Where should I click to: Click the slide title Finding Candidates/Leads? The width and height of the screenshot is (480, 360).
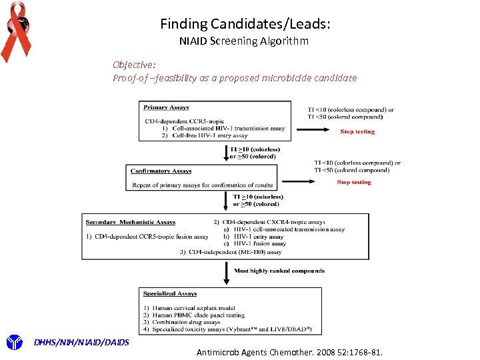[x=245, y=24]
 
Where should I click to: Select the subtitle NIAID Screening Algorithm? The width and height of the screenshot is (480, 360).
[x=244, y=41]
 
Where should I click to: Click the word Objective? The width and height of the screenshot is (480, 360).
[x=134, y=65]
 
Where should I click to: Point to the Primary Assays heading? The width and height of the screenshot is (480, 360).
[x=166, y=107]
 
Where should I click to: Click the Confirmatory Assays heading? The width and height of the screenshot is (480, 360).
[x=161, y=171]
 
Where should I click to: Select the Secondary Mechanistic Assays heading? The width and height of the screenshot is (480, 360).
[x=131, y=221]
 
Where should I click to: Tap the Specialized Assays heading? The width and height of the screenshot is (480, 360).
[x=170, y=293]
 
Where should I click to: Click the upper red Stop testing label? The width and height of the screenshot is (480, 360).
[x=357, y=132]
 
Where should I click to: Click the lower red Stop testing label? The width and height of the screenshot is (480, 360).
[x=354, y=182]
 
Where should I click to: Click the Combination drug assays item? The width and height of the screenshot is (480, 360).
[x=185, y=322]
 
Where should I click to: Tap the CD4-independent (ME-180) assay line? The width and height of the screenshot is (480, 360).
[x=231, y=252]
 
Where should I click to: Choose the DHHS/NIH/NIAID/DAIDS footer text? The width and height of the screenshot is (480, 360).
[x=81, y=343]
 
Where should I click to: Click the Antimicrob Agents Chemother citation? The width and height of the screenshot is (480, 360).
[x=290, y=351]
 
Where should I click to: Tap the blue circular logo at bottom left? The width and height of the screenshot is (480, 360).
[x=14, y=343]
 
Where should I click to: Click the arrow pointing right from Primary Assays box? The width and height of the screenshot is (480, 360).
[x=313, y=131]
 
